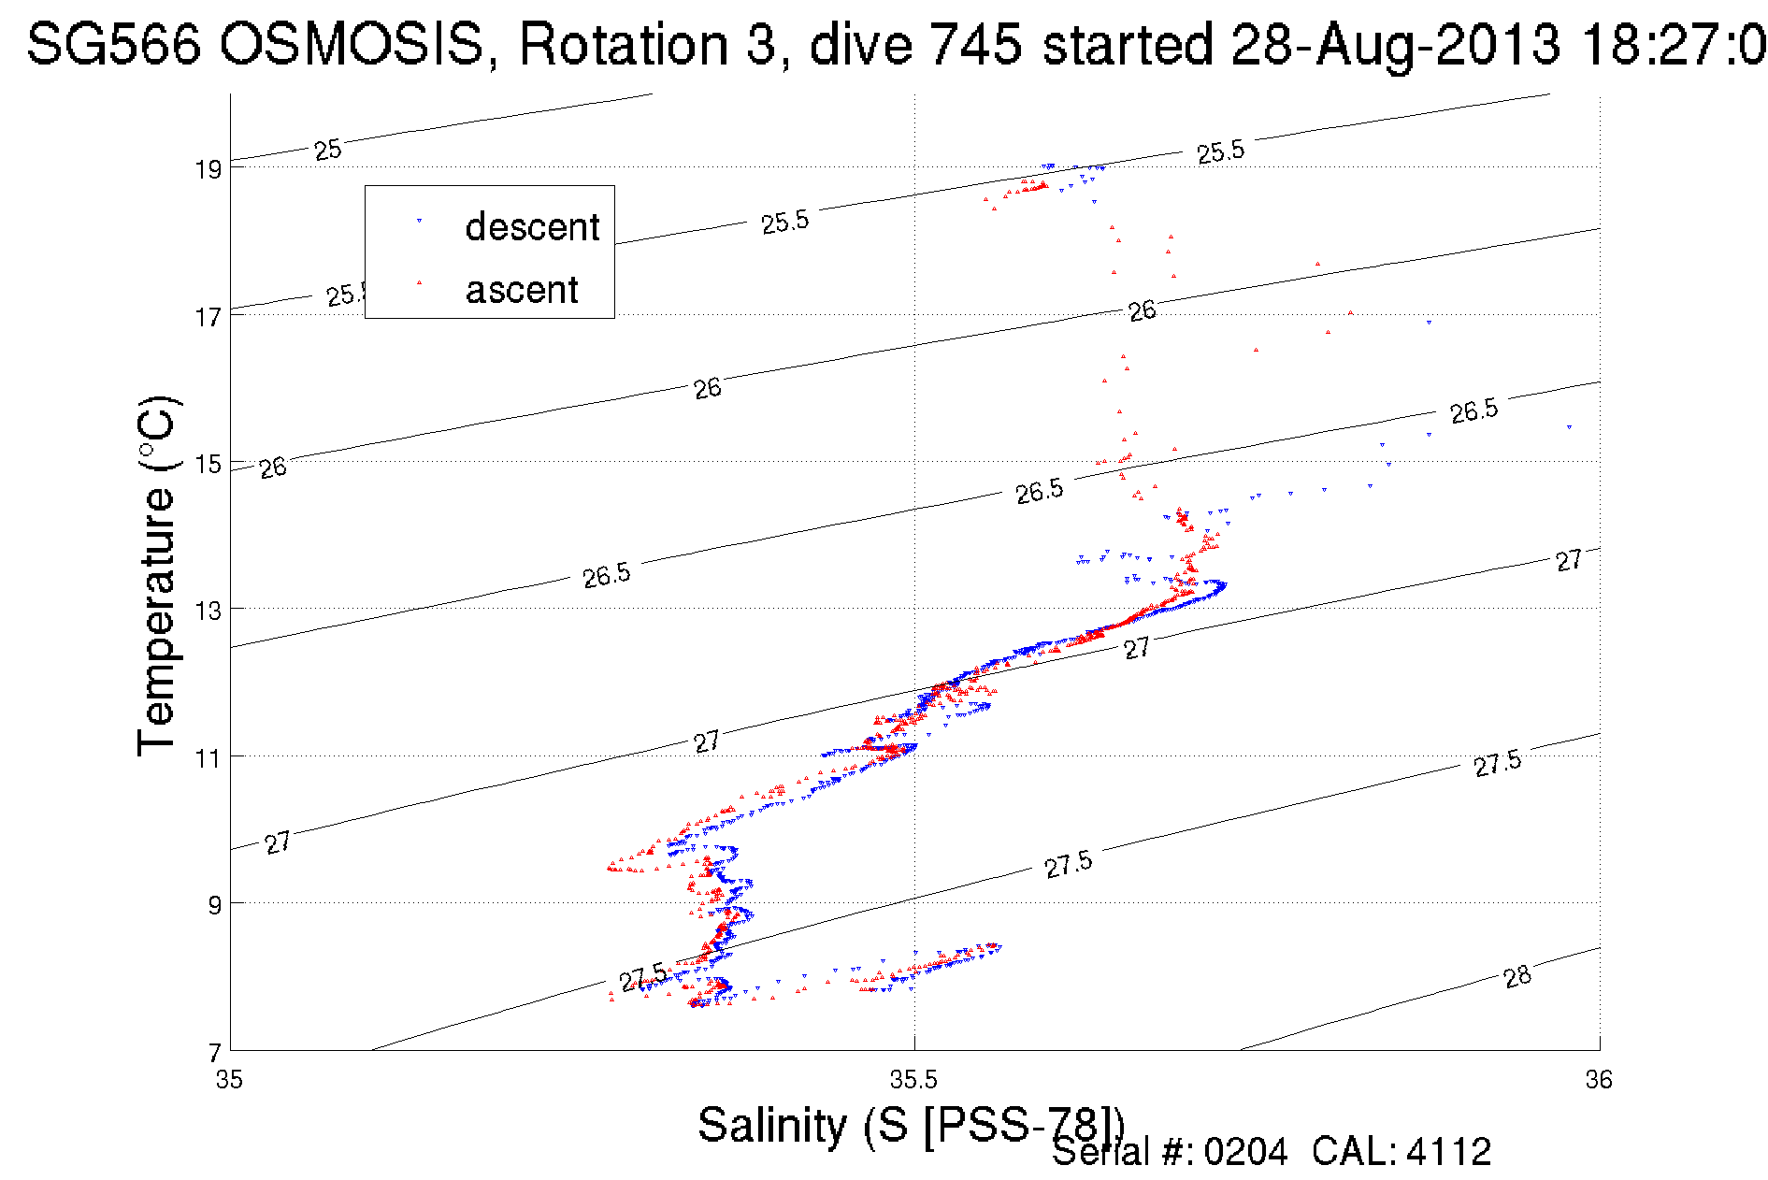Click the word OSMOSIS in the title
click(x=352, y=44)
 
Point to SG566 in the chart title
click(x=113, y=44)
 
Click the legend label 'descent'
click(x=532, y=227)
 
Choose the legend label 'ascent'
click(x=522, y=290)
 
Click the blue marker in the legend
click(x=419, y=221)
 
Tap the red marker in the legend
click(x=419, y=281)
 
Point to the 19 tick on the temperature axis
click(x=208, y=169)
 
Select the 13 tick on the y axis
click(x=208, y=611)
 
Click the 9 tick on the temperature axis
click(x=214, y=904)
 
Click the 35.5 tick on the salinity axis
click(x=913, y=1080)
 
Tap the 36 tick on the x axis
click(x=1599, y=1080)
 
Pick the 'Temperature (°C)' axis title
click(x=157, y=576)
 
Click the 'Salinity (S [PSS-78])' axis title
click(x=910, y=1124)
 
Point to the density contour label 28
click(x=1517, y=977)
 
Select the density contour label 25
click(x=327, y=150)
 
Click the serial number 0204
click(x=1245, y=1152)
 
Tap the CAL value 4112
click(x=1448, y=1152)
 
